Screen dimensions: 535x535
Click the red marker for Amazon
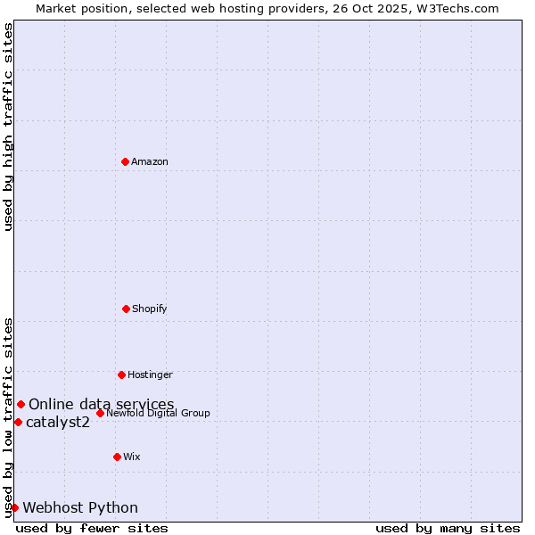coord(125,161)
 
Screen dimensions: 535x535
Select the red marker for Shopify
coord(126,309)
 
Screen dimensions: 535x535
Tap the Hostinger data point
coord(121,374)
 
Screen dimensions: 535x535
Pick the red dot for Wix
coord(117,457)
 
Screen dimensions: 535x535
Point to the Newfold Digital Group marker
coord(100,413)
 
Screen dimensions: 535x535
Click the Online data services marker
coord(21,405)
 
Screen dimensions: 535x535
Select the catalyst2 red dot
coord(18,422)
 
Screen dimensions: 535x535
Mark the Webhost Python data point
coord(14,507)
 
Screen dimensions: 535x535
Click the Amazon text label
coord(150,161)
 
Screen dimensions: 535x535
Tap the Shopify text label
coord(150,309)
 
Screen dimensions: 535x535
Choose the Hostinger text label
coord(150,374)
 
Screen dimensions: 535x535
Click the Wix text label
coord(132,457)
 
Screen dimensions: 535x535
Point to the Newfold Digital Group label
coord(159,413)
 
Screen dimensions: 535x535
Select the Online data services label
coord(102,405)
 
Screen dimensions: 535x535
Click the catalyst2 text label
coord(58,422)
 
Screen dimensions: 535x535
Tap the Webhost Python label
coord(80,507)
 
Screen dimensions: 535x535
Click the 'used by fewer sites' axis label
coord(92,528)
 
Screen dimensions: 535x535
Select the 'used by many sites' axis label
coord(448,528)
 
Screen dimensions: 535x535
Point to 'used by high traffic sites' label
coord(8,128)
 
